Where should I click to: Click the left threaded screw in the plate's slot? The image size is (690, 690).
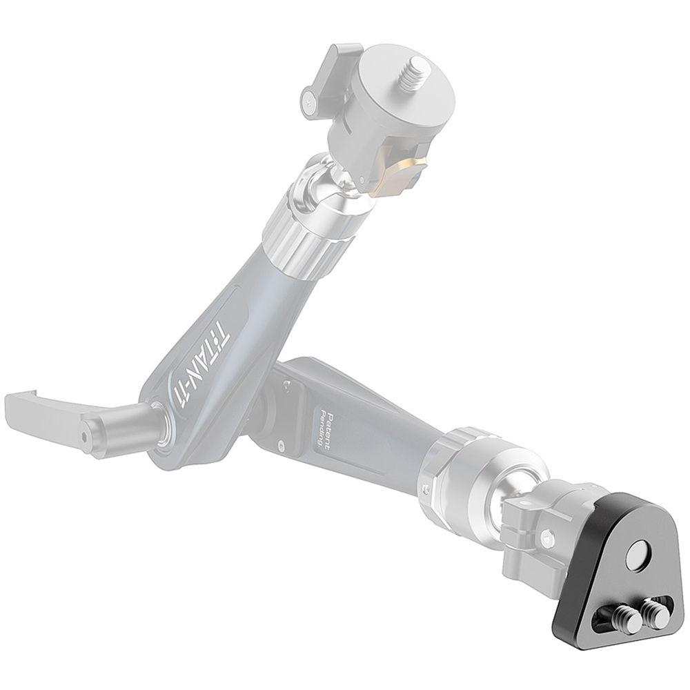pyautogui.click(x=620, y=619)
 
